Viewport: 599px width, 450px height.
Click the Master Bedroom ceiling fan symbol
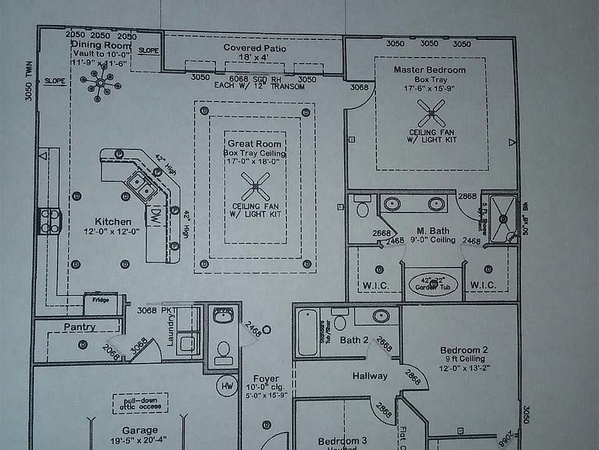coord(431,114)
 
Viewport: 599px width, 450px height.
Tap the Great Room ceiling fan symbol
coord(256,186)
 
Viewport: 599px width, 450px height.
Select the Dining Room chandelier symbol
coord(100,84)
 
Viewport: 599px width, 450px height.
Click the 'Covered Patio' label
coord(255,48)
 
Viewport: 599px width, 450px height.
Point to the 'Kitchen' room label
coord(113,222)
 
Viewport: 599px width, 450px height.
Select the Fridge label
coord(101,300)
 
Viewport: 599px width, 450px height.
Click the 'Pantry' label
coord(79,327)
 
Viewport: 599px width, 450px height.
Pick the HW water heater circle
coord(226,386)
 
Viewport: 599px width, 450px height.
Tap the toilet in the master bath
coord(363,207)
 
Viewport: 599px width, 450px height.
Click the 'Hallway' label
coord(370,376)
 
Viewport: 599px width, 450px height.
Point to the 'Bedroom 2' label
coord(464,350)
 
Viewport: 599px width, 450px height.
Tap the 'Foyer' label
coord(266,379)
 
